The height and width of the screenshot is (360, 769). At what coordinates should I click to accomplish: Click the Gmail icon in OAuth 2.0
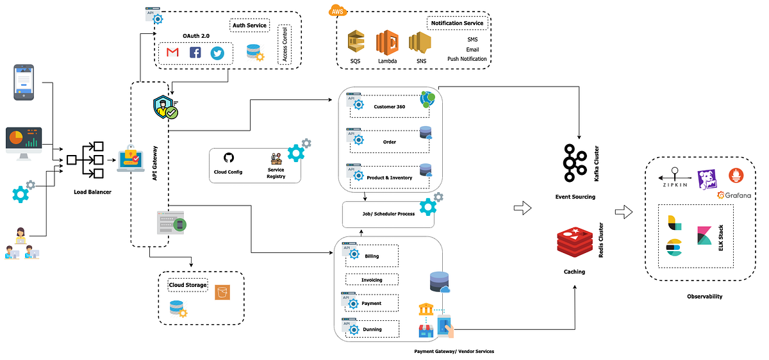(172, 53)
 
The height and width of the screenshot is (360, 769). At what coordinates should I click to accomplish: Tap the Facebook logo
(195, 53)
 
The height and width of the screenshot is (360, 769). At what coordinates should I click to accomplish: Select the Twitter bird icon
(218, 53)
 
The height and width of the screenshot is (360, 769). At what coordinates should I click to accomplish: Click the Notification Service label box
(457, 23)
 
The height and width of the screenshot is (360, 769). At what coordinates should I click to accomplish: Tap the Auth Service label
(249, 26)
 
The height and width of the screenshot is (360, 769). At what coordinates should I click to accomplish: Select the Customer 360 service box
(388, 106)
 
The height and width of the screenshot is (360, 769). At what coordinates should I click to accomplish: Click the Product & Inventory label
(389, 177)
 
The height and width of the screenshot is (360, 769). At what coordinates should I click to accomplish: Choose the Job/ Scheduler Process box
(388, 214)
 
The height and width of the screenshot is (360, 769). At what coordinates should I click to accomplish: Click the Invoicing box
(372, 279)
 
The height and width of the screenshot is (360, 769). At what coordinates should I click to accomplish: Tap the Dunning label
(372, 329)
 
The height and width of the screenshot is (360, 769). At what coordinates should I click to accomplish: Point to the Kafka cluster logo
(574, 163)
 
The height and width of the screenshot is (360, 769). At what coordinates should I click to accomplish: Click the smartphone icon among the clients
(24, 82)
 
